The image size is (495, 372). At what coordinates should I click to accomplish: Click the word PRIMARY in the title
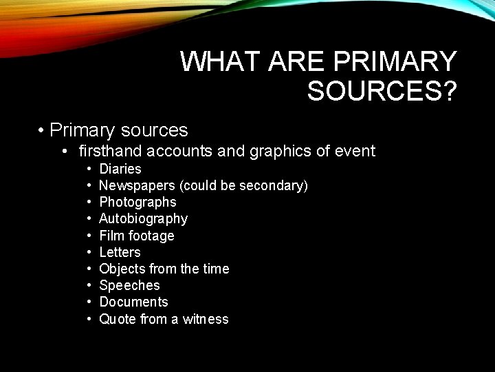pyautogui.click(x=395, y=62)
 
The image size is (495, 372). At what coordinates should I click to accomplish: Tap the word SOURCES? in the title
pyautogui.click(x=382, y=91)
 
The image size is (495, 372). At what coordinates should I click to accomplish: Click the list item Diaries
pyautogui.click(x=120, y=169)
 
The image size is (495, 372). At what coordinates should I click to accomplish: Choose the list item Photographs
pyautogui.click(x=137, y=203)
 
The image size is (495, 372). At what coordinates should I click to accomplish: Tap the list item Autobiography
pyautogui.click(x=143, y=219)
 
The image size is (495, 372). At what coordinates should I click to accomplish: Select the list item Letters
pyautogui.click(x=120, y=252)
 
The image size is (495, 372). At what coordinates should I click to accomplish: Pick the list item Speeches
pyautogui.click(x=129, y=285)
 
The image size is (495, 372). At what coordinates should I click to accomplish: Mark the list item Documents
pyautogui.click(x=133, y=302)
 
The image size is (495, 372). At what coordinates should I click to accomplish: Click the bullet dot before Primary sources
pyautogui.click(x=42, y=130)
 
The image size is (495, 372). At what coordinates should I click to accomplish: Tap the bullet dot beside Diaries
pyautogui.click(x=89, y=169)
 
